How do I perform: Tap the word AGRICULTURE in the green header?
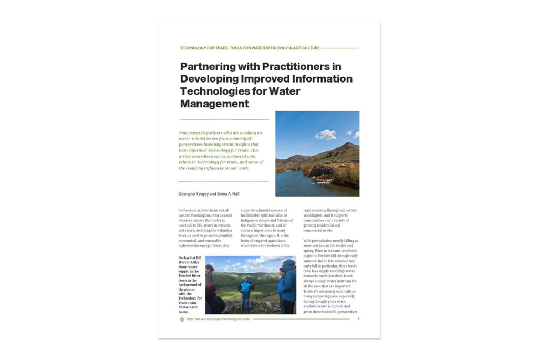tap(304, 48)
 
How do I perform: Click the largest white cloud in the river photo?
tap(326, 135)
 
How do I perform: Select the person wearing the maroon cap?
tap(213, 297)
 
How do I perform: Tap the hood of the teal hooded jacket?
tap(288, 263)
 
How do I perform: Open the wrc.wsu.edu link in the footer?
tap(218, 319)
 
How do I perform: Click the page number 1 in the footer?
tap(358, 318)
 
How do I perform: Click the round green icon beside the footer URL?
tap(182, 319)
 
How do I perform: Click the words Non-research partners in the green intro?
tap(202, 133)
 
